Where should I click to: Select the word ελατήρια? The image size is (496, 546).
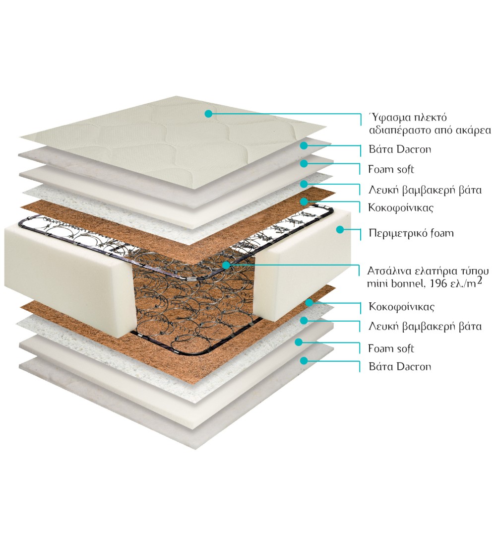[x=431, y=271]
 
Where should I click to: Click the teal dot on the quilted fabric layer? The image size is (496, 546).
[x=208, y=114]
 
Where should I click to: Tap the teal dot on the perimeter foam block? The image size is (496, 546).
[x=340, y=229]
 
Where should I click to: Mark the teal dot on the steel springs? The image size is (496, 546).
[x=226, y=265]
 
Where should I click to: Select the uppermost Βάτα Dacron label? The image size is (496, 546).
[x=400, y=149]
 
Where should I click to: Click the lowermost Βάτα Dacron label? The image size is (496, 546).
[x=400, y=367]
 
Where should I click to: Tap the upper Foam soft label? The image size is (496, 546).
[x=391, y=169]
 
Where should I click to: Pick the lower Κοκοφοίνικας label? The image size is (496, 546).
[x=402, y=306]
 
